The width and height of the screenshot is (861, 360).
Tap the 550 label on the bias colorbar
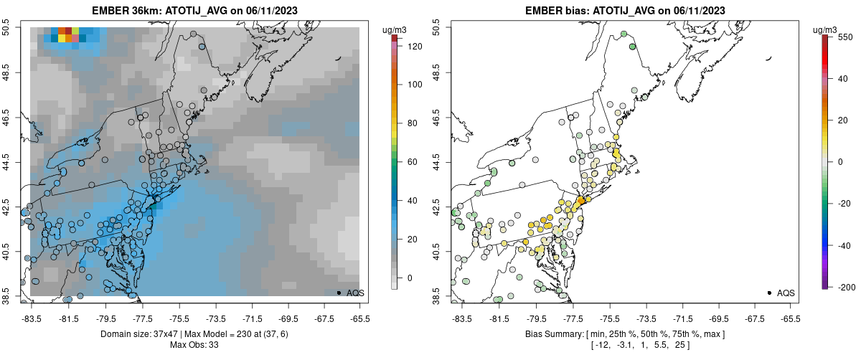844,37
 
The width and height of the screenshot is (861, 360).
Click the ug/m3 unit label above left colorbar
396,29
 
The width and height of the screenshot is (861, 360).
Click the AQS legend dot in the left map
339,293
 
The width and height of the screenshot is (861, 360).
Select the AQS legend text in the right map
786,293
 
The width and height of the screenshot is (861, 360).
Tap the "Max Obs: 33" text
194,345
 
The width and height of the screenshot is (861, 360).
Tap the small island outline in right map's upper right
769,59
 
